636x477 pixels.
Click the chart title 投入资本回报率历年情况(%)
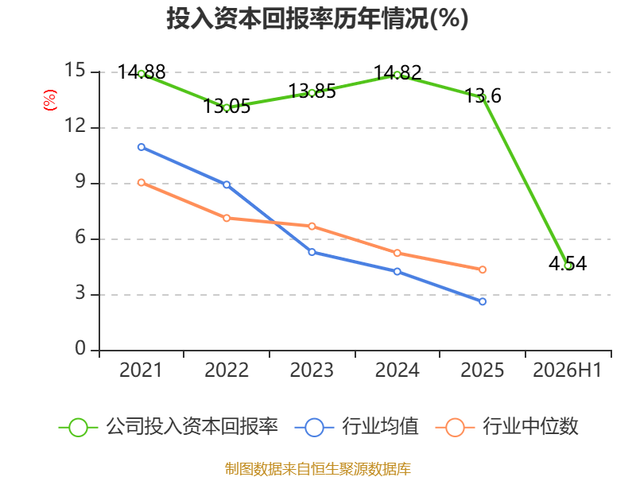(x=317, y=18)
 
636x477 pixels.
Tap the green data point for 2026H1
(x=568, y=266)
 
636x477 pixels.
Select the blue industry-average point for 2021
(x=142, y=147)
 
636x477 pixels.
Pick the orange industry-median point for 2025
(x=483, y=270)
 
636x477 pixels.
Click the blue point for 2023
(x=312, y=252)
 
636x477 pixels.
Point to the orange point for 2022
(x=227, y=218)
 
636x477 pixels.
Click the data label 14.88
(x=142, y=72)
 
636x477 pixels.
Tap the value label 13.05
(x=227, y=107)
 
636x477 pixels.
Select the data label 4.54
(x=568, y=263)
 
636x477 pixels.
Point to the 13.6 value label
(x=483, y=95)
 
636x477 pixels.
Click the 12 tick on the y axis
(x=76, y=126)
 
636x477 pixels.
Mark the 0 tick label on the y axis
(x=80, y=348)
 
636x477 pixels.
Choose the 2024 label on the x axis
(x=397, y=370)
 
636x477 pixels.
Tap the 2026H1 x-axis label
(x=568, y=370)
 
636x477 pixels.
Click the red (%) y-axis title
(x=50, y=100)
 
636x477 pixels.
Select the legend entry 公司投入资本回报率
(x=169, y=427)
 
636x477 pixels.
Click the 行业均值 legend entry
(x=356, y=427)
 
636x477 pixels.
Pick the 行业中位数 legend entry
(x=507, y=427)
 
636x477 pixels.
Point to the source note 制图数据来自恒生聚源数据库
(x=318, y=469)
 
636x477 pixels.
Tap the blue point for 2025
(x=483, y=301)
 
